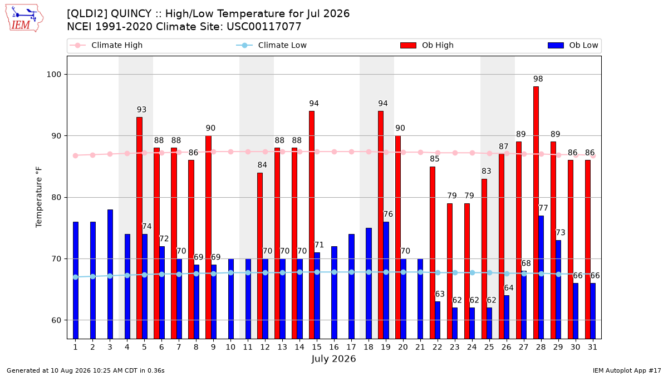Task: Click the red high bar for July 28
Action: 536,212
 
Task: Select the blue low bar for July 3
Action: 110,274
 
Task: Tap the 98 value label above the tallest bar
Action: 538,79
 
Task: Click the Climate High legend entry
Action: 106,45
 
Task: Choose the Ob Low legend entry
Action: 573,45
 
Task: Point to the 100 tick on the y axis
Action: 53,74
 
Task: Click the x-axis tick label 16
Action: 334,347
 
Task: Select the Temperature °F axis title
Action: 39,197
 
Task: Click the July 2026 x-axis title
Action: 333,359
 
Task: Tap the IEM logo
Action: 24,18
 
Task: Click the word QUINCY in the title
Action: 131,14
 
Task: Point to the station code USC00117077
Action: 264,27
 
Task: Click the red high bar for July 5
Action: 139,228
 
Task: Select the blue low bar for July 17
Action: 351,286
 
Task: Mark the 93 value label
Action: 141,110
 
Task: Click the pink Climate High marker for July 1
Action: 76,155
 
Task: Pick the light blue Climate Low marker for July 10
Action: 230,272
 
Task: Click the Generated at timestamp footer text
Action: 86,370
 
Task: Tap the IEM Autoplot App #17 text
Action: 627,370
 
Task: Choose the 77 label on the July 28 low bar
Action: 543,208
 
